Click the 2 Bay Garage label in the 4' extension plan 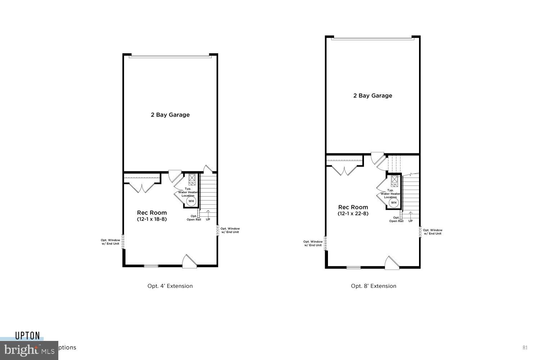(170, 115)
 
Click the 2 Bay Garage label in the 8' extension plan (373, 95)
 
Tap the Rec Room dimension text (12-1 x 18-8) (152, 219)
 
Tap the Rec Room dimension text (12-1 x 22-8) (353, 213)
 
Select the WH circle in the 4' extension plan (191, 201)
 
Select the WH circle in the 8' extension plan (393, 203)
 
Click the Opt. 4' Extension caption (170, 286)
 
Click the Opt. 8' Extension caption (374, 286)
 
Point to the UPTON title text (27, 336)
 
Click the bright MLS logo (29, 350)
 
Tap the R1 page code (525, 347)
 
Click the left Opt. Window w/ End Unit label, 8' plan (312, 243)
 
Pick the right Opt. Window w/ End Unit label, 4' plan (230, 230)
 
